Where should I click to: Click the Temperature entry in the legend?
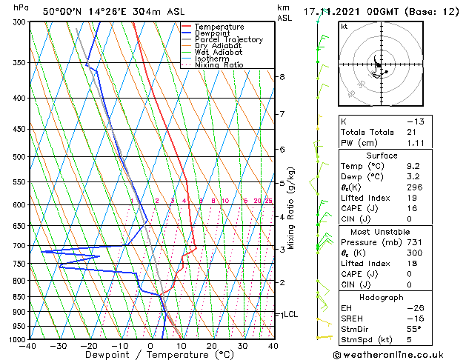point(219,27)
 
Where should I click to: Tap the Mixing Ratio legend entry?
point(219,65)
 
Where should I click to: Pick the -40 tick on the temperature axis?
point(29,346)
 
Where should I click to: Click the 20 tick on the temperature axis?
point(212,346)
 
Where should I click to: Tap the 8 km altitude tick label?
point(282,77)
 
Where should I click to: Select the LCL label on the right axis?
point(290,314)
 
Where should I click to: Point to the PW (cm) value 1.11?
point(416,143)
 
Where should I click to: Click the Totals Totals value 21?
point(412,132)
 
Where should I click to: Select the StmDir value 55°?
point(415,329)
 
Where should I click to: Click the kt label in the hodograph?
point(344,27)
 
